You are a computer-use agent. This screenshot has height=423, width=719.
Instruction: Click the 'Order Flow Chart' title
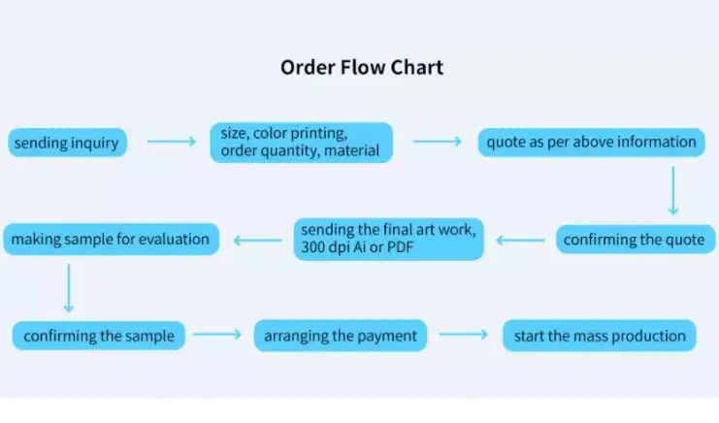coord(361,67)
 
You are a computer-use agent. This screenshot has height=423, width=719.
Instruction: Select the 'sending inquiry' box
coord(66,143)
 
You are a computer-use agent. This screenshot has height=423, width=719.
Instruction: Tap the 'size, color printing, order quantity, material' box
coord(301,142)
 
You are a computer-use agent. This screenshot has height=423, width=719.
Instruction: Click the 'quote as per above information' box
coord(591,143)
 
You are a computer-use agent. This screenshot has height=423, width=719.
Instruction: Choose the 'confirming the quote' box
coord(635,239)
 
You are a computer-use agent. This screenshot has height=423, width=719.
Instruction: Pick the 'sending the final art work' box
coord(388,239)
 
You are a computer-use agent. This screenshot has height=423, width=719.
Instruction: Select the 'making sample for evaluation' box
coord(111,239)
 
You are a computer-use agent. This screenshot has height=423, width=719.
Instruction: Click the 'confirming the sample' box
coord(99,336)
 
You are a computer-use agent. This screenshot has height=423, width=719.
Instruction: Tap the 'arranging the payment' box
coord(340,336)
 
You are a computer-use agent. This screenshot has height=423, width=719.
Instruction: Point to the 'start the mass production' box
coord(599,336)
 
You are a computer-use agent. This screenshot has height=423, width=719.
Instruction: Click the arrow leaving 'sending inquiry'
coord(171,143)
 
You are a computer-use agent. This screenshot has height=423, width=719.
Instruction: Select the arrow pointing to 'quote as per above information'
coord(437,143)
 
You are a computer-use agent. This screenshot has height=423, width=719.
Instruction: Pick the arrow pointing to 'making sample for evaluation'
coord(259,239)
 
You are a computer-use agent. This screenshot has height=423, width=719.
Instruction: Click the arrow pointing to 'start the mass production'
coord(464,336)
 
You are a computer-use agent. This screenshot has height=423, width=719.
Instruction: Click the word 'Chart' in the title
coord(418,67)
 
